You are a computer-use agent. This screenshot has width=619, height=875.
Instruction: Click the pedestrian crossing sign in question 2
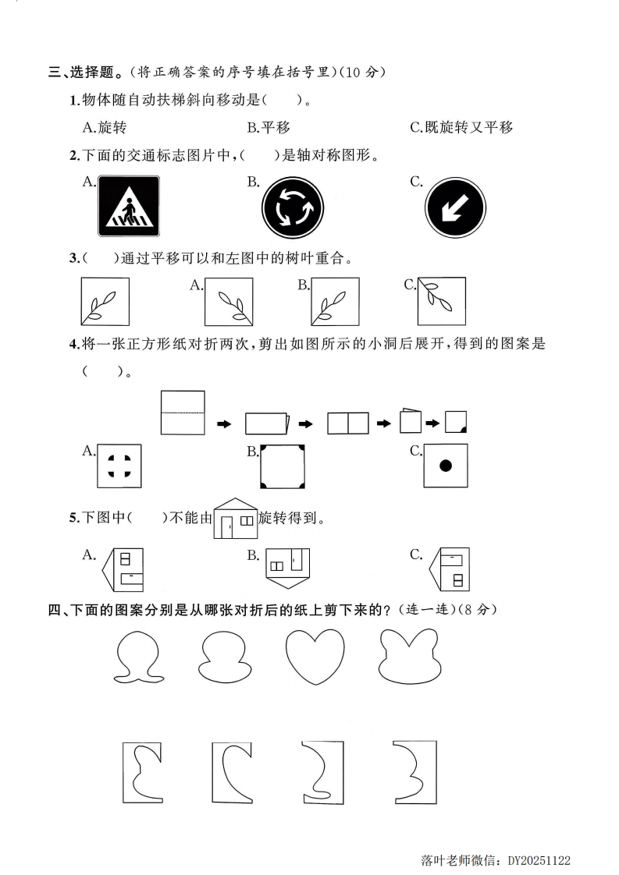pyautogui.click(x=129, y=206)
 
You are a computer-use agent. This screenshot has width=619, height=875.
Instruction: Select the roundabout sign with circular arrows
pyautogui.click(x=293, y=209)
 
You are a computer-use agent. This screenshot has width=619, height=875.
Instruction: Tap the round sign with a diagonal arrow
pyautogui.click(x=455, y=209)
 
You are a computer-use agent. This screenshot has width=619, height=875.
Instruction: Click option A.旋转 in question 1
pyautogui.click(x=105, y=127)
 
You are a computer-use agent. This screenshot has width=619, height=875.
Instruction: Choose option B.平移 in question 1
pyautogui.click(x=269, y=127)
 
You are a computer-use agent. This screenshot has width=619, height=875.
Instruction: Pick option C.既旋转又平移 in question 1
pyautogui.click(x=461, y=127)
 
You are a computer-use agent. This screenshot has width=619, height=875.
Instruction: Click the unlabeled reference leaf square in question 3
pyautogui.click(x=105, y=301)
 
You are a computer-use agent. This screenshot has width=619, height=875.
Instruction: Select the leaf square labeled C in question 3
pyautogui.click(x=441, y=301)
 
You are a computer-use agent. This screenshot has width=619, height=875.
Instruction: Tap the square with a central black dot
pyautogui.click(x=446, y=466)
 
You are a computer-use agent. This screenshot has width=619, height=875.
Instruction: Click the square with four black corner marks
pyautogui.click(x=283, y=466)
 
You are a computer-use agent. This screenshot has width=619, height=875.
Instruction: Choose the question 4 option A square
pyautogui.click(x=120, y=466)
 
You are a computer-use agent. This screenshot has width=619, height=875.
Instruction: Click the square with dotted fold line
pyautogui.click(x=183, y=412)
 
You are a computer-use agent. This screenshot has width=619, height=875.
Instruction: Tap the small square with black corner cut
pyautogui.click(x=457, y=422)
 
